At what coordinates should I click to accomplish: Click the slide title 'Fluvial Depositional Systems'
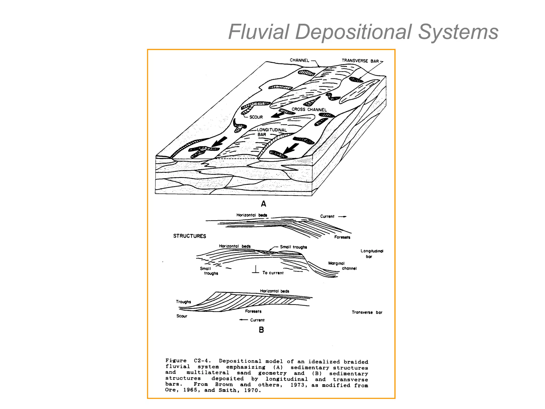click(363, 32)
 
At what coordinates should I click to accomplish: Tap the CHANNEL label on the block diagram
click(299, 60)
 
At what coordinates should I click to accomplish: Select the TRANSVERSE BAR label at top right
click(360, 61)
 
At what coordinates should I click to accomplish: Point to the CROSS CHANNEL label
click(309, 109)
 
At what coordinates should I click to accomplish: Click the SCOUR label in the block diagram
click(256, 117)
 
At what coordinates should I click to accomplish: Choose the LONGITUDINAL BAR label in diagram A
click(271, 132)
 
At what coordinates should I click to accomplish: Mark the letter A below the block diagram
click(263, 204)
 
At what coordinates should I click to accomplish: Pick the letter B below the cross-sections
click(261, 330)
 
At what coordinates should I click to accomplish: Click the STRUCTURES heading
click(189, 236)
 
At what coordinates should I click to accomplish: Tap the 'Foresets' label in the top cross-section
click(342, 237)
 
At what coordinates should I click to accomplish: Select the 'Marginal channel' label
click(342, 266)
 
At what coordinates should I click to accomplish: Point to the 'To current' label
click(273, 273)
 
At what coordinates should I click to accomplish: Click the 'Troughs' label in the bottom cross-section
click(183, 302)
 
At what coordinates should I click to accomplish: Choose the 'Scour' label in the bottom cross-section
click(182, 316)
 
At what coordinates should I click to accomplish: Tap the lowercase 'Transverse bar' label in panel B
click(367, 312)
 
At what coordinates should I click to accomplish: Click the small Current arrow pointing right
click(342, 216)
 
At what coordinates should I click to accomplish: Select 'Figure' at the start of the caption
click(176, 361)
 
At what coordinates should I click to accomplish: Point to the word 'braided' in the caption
click(356, 362)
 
